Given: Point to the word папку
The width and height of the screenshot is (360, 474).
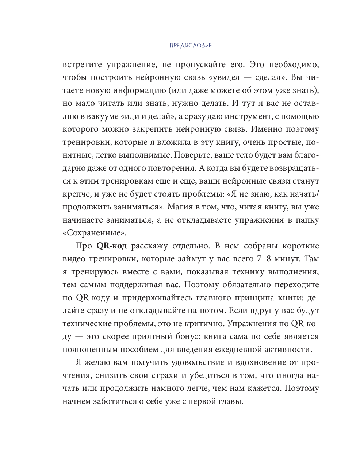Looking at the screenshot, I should coord(306,220).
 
